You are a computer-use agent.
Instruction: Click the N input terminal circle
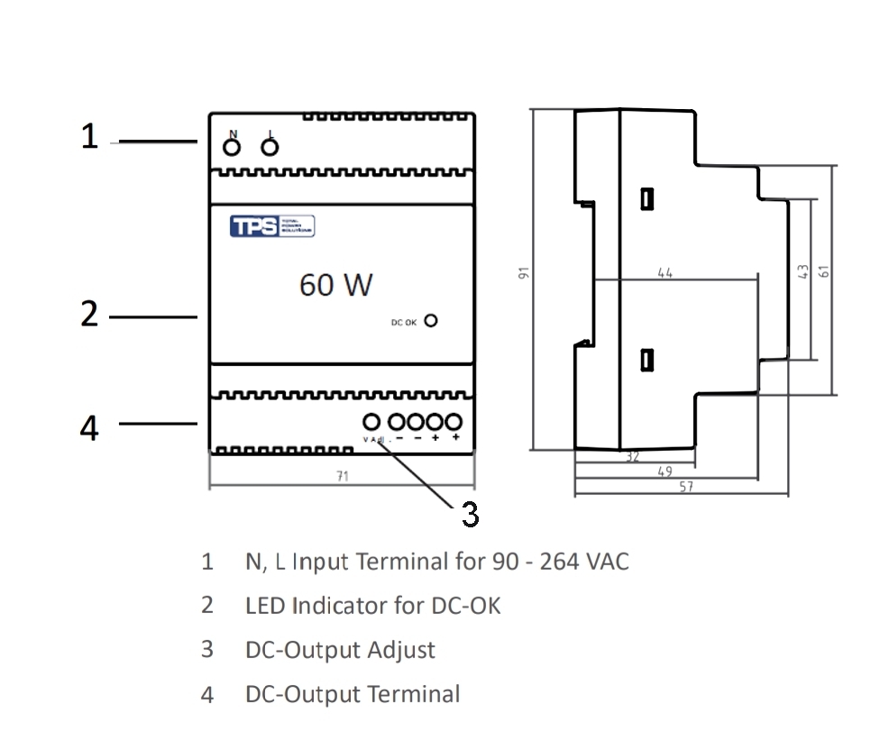pos(232,147)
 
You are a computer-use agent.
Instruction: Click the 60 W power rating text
pos(335,286)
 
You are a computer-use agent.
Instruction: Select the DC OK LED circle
pos(431,321)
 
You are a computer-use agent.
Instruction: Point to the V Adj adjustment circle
pos(371,421)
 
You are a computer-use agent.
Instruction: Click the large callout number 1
pos(89,138)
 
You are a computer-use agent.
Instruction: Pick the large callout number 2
pos(89,315)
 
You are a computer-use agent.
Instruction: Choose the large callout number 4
pos(89,428)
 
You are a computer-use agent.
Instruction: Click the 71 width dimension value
pos(342,476)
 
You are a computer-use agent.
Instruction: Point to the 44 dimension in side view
pos(665,272)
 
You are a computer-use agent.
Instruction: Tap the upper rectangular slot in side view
pos(646,198)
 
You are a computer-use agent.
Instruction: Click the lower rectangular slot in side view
pos(646,360)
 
